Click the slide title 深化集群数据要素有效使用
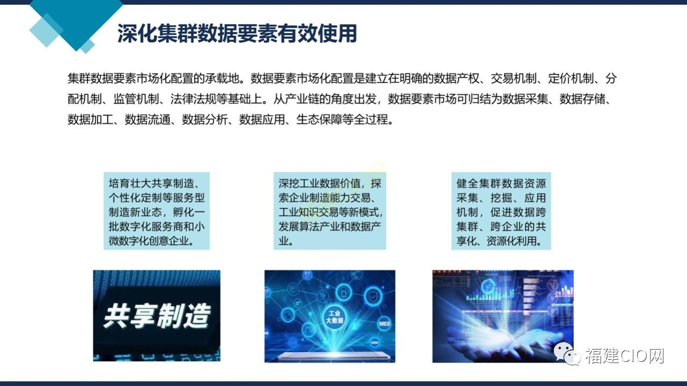[x=237, y=33]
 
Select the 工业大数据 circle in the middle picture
[x=334, y=317]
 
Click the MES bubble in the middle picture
[x=384, y=323]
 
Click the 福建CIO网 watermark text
[x=624, y=355]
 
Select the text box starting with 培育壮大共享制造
[x=157, y=211]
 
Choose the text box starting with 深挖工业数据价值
[x=330, y=211]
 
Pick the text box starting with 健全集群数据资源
[x=501, y=211]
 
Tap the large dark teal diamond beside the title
[x=76, y=21]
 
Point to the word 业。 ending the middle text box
[x=286, y=241]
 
